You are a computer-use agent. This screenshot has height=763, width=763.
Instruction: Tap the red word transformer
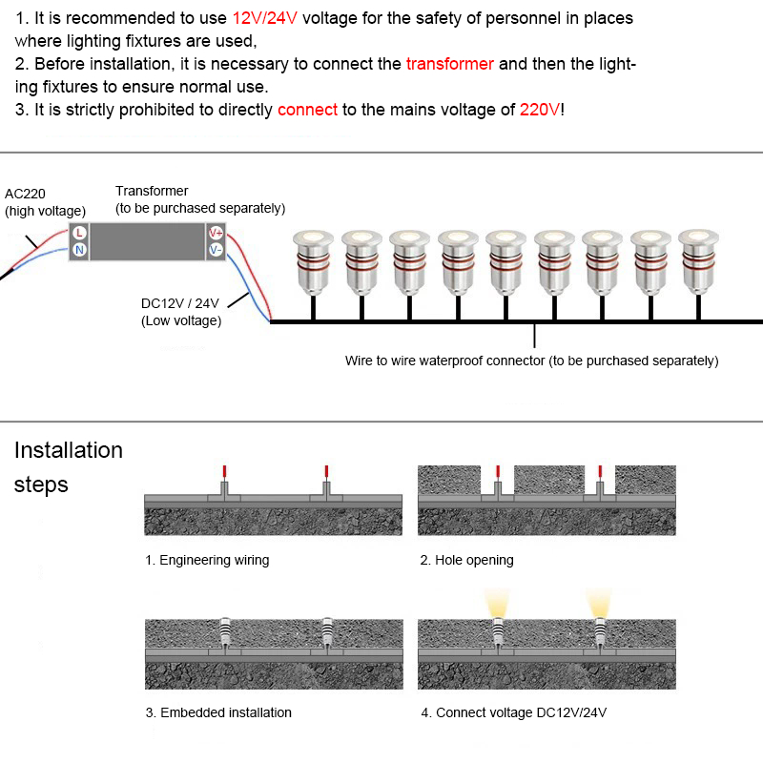tap(449, 64)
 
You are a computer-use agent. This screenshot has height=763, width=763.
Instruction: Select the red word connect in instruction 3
tap(307, 110)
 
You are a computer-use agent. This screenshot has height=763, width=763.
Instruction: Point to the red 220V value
tap(540, 110)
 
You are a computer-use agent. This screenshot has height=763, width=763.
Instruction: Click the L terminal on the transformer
tap(79, 233)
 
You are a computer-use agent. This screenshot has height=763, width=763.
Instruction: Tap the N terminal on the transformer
tap(79, 250)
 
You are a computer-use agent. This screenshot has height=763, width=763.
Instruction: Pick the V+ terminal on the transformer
tap(216, 233)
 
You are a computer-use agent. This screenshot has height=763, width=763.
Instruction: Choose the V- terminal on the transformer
tap(216, 250)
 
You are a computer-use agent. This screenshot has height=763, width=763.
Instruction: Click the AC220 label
tap(25, 194)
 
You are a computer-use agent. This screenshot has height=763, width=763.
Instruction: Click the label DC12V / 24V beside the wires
tap(180, 303)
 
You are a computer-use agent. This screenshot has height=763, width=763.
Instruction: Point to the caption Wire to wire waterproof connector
tap(531, 361)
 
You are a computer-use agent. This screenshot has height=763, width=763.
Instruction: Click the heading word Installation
tap(69, 450)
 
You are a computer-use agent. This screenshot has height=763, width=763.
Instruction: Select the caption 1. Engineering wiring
tap(207, 560)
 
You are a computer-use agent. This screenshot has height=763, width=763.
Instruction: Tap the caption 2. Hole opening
tap(466, 560)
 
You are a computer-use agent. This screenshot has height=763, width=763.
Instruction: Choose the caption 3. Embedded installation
tap(218, 712)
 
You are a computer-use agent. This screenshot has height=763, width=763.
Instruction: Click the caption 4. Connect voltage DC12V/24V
tap(512, 712)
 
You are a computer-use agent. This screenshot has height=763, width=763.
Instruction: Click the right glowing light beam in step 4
tap(598, 603)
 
